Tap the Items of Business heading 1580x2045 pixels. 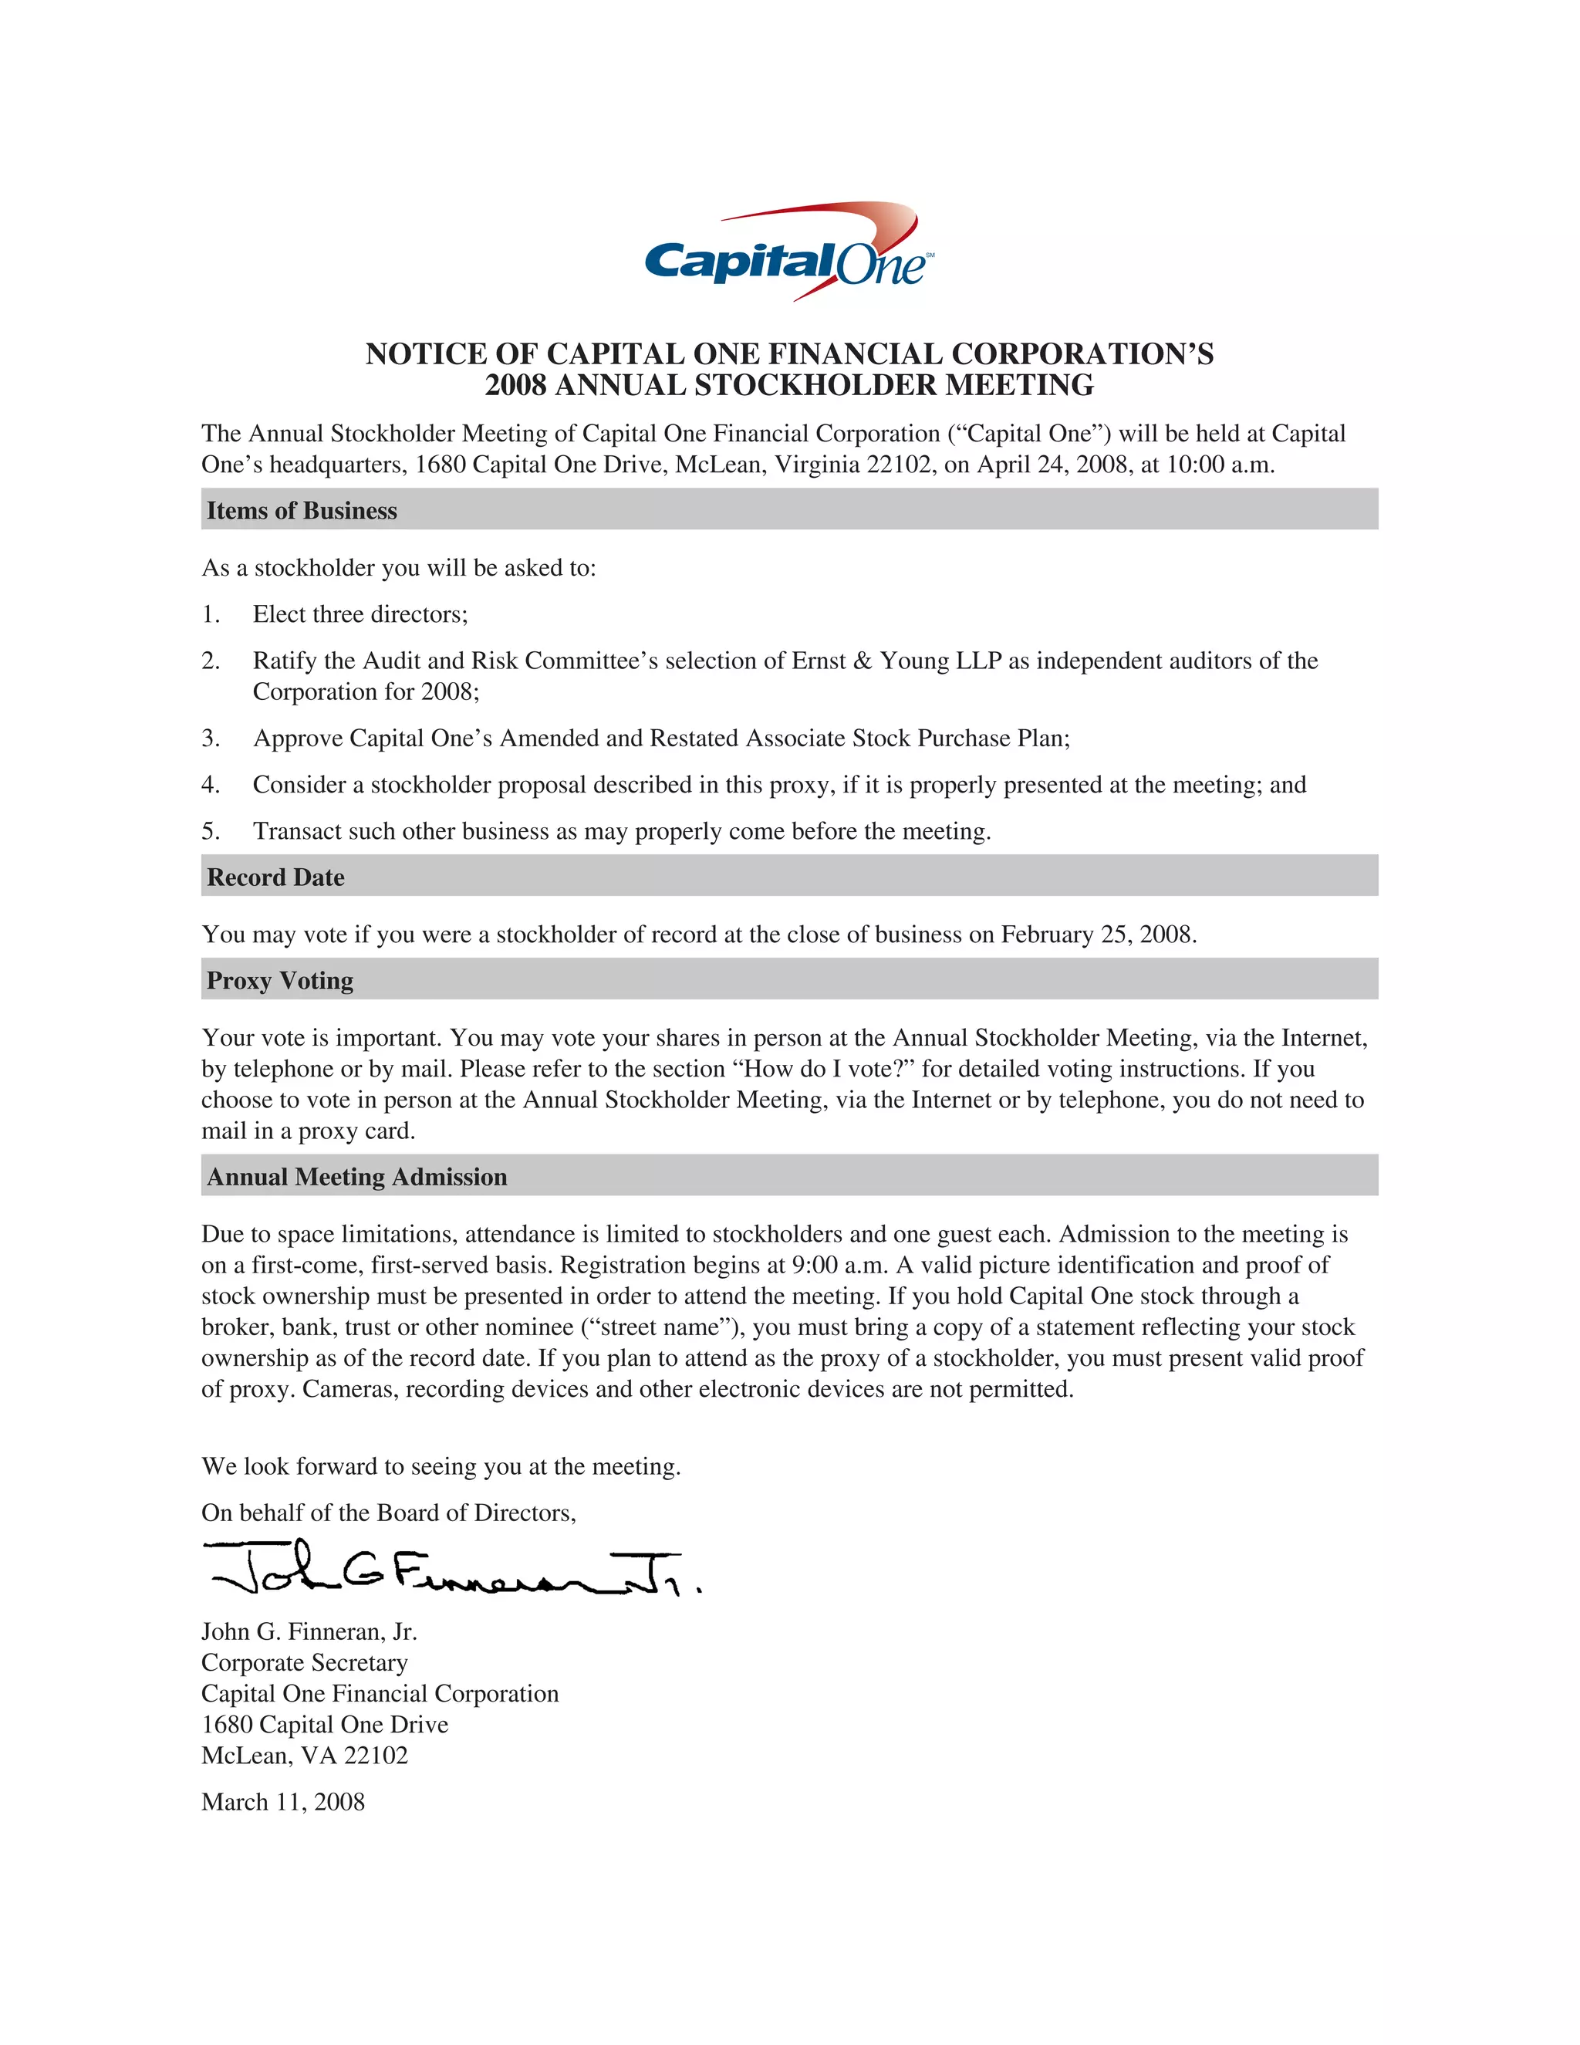pos(302,510)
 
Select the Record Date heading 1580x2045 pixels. pos(275,877)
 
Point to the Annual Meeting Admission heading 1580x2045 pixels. pos(356,1177)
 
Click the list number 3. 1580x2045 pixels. pos(211,738)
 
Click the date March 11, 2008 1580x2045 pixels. pos(282,1802)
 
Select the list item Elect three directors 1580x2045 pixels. pos(360,614)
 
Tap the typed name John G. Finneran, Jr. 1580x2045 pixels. pos(309,1632)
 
